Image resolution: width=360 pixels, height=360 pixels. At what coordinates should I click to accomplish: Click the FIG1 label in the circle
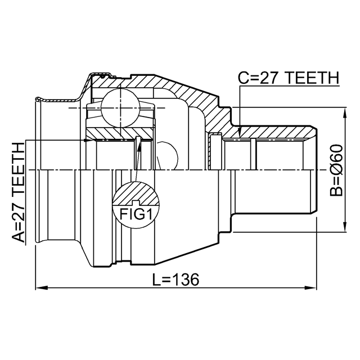point(136,214)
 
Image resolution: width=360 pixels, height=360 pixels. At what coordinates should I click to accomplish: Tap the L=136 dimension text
point(175,280)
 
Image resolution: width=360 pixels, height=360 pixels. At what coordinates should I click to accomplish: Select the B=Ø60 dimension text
point(336,170)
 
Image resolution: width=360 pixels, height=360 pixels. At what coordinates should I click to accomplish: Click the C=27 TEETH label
point(289,78)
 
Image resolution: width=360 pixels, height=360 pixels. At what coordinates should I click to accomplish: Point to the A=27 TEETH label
point(18,192)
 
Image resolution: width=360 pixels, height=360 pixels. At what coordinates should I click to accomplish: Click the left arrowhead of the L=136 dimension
point(41,287)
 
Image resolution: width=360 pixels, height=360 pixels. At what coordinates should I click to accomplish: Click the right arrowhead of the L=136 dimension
point(310,287)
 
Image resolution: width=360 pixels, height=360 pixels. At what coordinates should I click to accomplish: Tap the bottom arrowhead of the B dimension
point(345,226)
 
